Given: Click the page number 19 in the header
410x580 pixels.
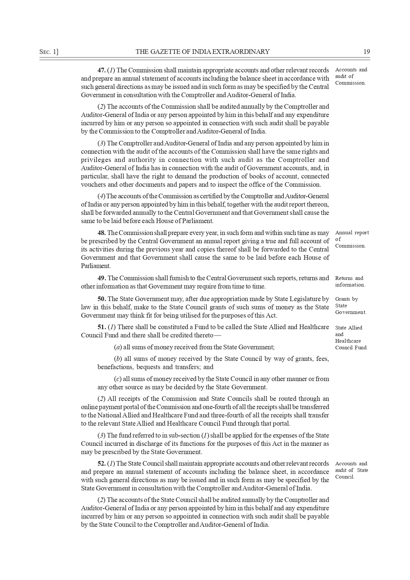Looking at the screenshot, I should click(x=366, y=52).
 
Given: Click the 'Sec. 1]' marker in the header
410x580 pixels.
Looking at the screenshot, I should click(x=49, y=52).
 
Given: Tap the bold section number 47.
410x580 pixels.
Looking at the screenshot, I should click(x=102, y=70).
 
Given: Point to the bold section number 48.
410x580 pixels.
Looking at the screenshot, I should click(x=102, y=233).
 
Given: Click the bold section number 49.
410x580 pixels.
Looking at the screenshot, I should click(x=102, y=278).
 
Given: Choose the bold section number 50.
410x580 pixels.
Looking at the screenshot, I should click(x=102, y=299).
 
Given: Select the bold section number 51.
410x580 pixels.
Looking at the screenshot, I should click(x=102, y=327).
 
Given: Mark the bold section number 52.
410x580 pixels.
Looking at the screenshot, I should click(x=102, y=463).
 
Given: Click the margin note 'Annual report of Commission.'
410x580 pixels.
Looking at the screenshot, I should click(x=351, y=239).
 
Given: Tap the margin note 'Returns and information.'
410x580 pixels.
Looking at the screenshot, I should click(x=350, y=282).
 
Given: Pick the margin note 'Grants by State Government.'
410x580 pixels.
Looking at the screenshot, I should click(x=350, y=306).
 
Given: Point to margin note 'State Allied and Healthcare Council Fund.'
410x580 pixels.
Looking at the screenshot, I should click(x=351, y=337).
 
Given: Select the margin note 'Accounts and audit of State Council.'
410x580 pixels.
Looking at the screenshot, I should click(x=351, y=470).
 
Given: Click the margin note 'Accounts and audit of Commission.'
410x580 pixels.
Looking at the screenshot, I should click(x=351, y=76).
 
